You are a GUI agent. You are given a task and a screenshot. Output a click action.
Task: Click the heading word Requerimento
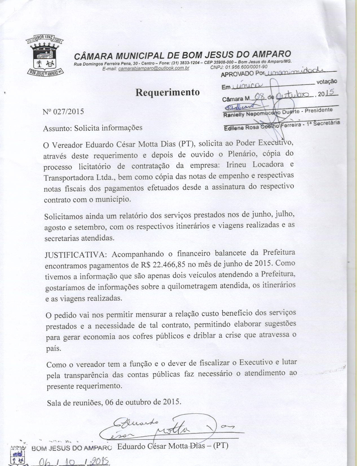pyautogui.click(x=168, y=92)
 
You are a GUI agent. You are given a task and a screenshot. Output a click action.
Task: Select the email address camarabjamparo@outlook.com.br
pyautogui.click(x=154, y=68)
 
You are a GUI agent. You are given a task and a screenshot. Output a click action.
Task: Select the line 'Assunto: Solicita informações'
pyautogui.click(x=93, y=128)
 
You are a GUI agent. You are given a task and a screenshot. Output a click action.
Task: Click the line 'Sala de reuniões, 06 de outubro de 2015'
pyautogui.click(x=114, y=402)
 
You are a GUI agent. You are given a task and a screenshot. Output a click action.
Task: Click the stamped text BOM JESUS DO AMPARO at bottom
pyautogui.click(x=72, y=448)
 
